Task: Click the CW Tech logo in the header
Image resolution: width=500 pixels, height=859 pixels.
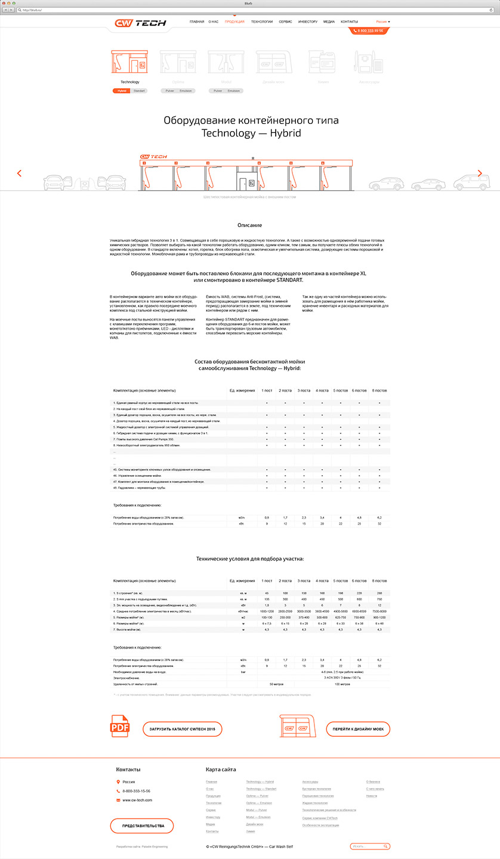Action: coord(140,23)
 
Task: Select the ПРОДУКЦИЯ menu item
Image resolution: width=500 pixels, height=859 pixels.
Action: coord(234,21)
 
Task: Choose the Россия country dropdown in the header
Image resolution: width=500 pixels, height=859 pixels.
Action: coord(382,21)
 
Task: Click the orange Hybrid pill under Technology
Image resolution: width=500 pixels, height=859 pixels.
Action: coord(122,91)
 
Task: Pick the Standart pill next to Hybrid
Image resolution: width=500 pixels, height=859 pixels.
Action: coord(139,91)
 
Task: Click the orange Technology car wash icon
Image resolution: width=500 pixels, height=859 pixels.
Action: coord(129,63)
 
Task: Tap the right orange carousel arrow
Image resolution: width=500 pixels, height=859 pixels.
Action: coord(480,173)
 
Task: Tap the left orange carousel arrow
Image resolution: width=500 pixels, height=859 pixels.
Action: coord(19,173)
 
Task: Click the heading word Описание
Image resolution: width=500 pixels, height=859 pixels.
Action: coord(249,225)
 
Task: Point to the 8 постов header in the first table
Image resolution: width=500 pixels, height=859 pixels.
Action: coord(379,390)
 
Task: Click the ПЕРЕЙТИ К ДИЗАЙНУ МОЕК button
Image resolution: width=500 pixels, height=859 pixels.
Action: coord(359,728)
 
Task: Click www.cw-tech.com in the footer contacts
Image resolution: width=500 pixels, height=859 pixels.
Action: coord(137,800)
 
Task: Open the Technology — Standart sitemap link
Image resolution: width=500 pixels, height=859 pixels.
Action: coord(261,789)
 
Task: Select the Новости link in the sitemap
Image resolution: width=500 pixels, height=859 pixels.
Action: coord(372,796)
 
